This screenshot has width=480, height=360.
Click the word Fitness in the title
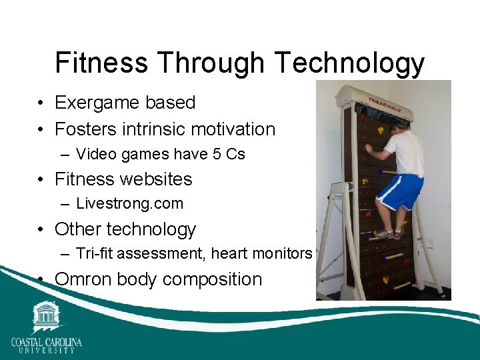pyautogui.click(x=101, y=63)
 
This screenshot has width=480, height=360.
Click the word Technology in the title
pyautogui.click(x=349, y=64)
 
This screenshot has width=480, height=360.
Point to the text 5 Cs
pyautogui.click(x=227, y=154)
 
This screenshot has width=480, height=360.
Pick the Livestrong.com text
pyautogui.click(x=129, y=204)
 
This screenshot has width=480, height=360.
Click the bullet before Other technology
pyautogui.click(x=41, y=229)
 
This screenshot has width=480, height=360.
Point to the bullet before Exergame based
pyautogui.click(x=41, y=103)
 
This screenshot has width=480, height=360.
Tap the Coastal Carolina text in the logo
pyautogui.click(x=46, y=342)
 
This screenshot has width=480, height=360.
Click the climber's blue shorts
pyautogui.click(x=401, y=191)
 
